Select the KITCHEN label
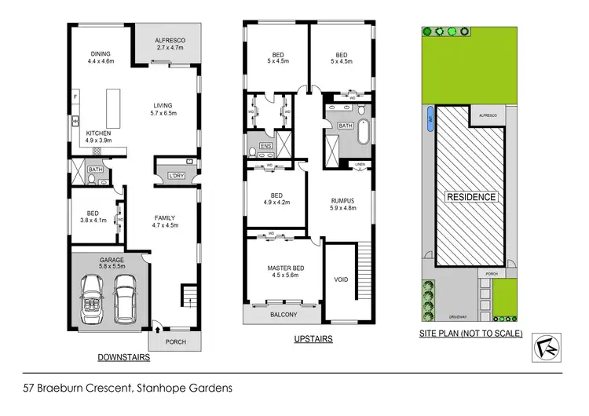tap(98, 133)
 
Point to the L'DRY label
tap(177, 175)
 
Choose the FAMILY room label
tap(164, 217)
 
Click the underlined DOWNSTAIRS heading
tap(124, 356)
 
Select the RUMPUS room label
tap(342, 200)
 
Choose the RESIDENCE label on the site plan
tap(471, 196)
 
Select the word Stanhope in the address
tap(164, 387)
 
